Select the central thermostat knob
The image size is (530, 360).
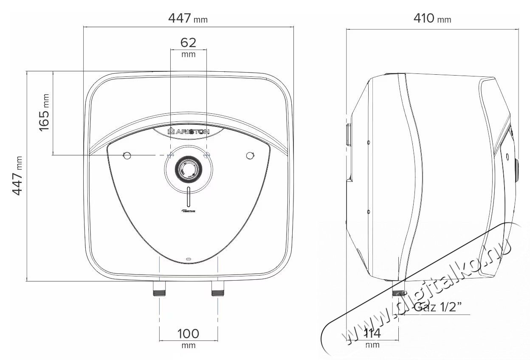pyautogui.click(x=187, y=169)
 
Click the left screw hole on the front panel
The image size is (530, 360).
pyautogui.click(x=126, y=155)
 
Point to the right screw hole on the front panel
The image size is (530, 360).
pyautogui.click(x=250, y=155)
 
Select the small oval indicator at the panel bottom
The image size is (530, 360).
pyautogui.click(x=188, y=258)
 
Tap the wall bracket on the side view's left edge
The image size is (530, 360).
pyautogui.click(x=348, y=135)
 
